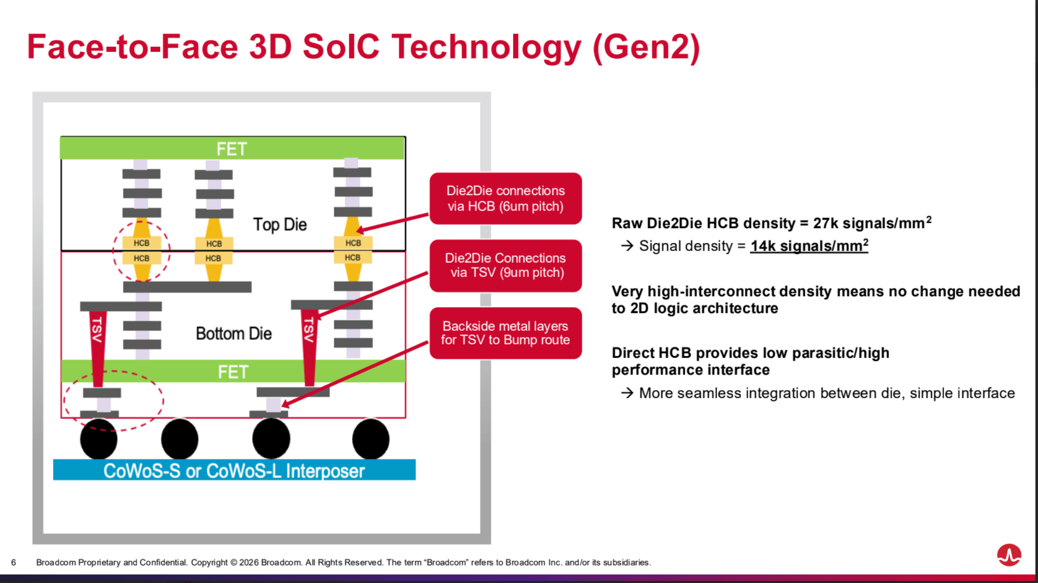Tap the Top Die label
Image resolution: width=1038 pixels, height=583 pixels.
click(x=280, y=225)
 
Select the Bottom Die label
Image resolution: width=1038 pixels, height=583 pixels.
click(x=234, y=334)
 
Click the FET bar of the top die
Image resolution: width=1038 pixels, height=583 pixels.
click(x=232, y=149)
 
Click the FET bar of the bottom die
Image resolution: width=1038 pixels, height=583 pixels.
click(x=233, y=372)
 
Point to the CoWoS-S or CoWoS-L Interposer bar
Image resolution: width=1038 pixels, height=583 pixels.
click(x=234, y=470)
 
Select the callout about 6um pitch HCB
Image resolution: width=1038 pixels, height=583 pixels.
click(x=506, y=199)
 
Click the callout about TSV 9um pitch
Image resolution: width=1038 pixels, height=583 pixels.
click(x=506, y=266)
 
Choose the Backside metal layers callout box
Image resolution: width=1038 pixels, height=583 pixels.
click(x=506, y=333)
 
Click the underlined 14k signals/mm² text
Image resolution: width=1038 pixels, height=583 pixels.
click(x=809, y=246)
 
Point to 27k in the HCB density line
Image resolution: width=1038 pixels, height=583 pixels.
click(x=826, y=224)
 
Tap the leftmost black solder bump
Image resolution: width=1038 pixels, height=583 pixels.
click(x=99, y=439)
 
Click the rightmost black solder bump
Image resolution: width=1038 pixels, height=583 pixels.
click(x=371, y=439)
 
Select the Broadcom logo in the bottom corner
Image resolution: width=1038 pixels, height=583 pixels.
click(x=1009, y=555)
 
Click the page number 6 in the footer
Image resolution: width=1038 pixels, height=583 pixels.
click(x=13, y=563)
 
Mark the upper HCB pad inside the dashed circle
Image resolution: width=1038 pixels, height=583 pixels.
click(x=141, y=243)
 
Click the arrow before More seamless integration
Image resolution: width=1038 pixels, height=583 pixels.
click(x=627, y=393)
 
